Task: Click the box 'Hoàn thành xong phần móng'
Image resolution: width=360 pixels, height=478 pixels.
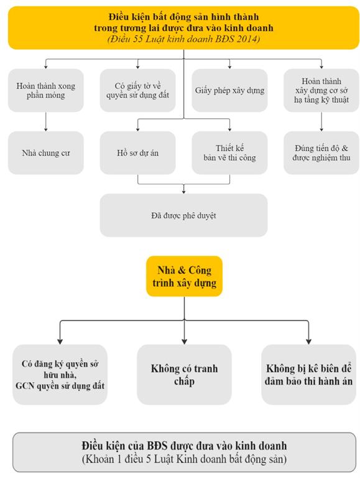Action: [45, 90]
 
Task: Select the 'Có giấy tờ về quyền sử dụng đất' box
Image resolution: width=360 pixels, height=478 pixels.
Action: [137, 90]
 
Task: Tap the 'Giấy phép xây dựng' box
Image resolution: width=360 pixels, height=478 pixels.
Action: [229, 90]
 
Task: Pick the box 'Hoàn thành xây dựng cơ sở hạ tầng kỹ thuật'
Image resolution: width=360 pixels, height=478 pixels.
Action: [321, 90]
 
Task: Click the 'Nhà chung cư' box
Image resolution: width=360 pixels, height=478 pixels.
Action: [45, 152]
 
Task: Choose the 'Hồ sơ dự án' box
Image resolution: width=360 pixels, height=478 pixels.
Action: [137, 152]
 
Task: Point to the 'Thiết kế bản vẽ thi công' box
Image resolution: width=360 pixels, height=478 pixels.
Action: [229, 152]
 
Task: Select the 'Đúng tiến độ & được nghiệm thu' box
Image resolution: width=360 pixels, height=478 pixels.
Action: [321, 152]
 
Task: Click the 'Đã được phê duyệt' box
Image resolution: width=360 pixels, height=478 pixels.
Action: [183, 215]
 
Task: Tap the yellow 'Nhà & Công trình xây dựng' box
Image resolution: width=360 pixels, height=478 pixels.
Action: [184, 276]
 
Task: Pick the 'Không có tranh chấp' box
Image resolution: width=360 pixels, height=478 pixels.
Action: [184, 375]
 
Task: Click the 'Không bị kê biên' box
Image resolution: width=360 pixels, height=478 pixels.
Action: [308, 375]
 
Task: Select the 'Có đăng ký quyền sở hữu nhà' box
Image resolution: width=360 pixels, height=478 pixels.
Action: [60, 375]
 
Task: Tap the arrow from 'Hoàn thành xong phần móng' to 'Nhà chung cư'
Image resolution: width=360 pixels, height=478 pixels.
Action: [45, 121]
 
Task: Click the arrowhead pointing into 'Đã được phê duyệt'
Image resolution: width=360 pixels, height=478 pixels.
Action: [183, 192]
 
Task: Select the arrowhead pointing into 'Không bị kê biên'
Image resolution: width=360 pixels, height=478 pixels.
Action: [308, 342]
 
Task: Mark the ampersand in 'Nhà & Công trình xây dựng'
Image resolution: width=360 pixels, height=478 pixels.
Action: [182, 270]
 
